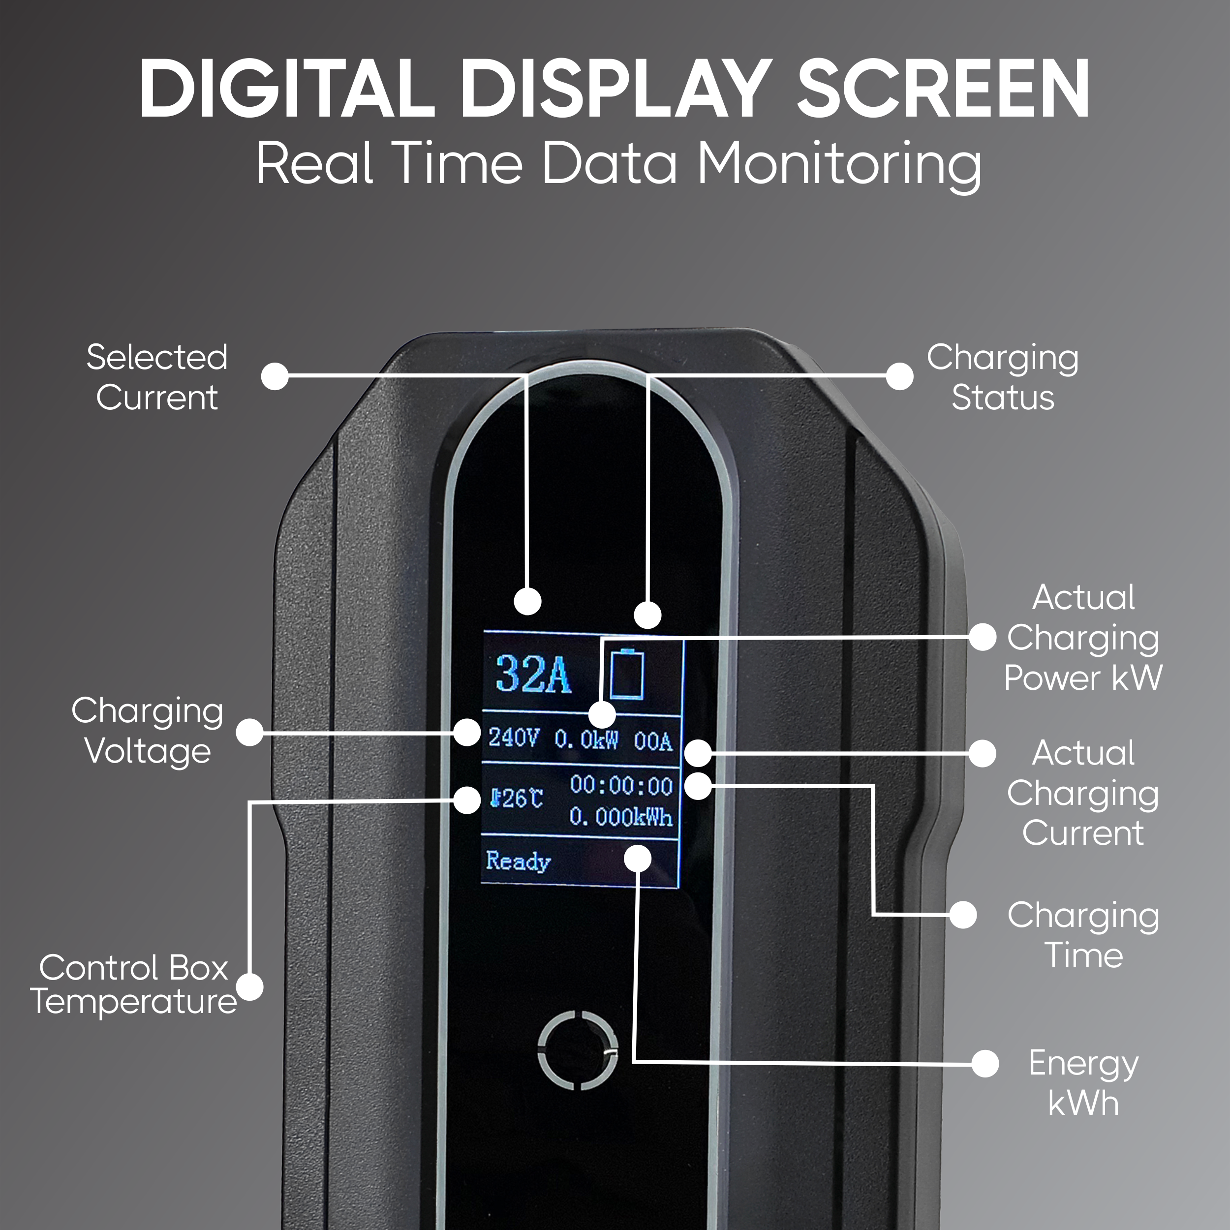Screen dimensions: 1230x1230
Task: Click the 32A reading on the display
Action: (x=533, y=674)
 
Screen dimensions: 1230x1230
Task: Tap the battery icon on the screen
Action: (x=627, y=674)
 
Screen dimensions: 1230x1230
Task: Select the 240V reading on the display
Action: (x=513, y=738)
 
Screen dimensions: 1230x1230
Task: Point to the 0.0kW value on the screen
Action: (x=585, y=740)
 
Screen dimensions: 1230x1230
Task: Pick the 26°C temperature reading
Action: (x=517, y=799)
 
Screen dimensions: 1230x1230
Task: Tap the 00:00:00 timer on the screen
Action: (x=621, y=786)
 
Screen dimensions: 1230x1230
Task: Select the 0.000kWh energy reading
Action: (x=621, y=817)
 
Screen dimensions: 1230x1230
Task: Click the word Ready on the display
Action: (x=518, y=861)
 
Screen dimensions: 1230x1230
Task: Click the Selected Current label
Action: (x=156, y=377)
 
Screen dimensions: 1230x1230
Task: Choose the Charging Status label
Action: (x=1003, y=377)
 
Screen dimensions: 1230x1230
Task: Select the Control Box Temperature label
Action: (x=134, y=984)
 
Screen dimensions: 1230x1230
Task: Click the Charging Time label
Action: (x=1083, y=935)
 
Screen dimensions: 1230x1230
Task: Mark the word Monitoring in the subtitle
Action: (x=839, y=165)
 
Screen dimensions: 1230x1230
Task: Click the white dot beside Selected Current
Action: (x=275, y=376)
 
